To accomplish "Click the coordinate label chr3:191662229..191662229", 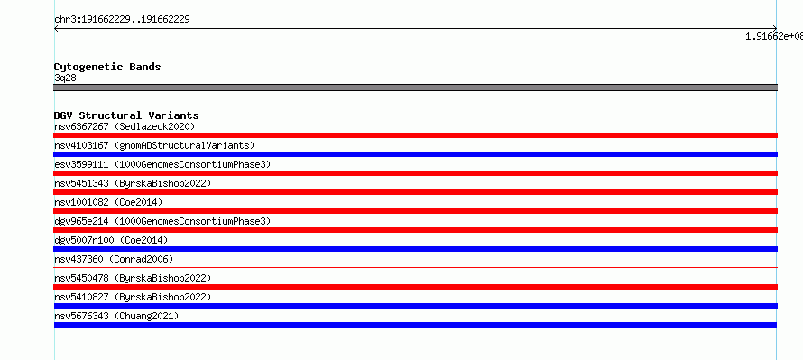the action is [122, 20].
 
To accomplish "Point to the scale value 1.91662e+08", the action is [774, 36].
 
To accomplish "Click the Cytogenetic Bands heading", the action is [107, 67].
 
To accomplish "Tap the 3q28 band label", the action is [65, 78].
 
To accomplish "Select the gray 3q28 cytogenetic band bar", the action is [415, 88].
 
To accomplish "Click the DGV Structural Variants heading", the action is [126, 115].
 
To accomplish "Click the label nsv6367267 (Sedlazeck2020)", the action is [125, 126].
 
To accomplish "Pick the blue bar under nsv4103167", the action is [415, 154].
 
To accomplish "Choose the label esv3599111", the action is [81, 164].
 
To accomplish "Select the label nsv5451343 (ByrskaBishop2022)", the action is [133, 183].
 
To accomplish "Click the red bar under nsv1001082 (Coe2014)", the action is [415, 211].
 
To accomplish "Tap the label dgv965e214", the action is [81, 221].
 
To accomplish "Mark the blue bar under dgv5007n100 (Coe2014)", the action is [415, 249].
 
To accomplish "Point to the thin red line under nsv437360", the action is [415, 267].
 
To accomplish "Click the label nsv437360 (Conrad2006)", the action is [114, 259].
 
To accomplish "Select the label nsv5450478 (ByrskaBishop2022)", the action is [133, 278].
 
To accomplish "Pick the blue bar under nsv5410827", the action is [415, 306].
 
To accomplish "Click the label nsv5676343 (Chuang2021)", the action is [116, 316].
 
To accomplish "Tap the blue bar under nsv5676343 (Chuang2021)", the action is [415, 325].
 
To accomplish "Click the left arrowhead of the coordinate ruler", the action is [55, 29].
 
